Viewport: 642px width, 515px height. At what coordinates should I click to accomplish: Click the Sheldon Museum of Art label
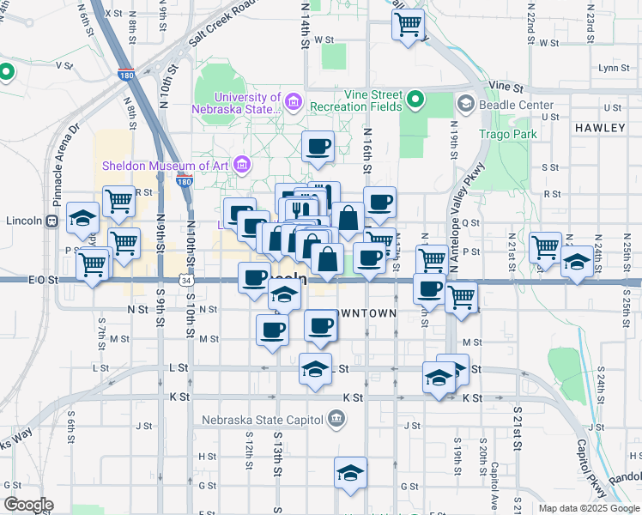click(166, 165)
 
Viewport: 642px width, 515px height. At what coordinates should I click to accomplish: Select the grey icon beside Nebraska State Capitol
click(337, 420)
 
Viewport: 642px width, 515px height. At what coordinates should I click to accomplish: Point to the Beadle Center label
click(517, 105)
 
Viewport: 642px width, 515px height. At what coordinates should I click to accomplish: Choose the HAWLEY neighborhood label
click(600, 127)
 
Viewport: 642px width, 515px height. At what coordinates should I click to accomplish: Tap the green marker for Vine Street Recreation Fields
click(415, 101)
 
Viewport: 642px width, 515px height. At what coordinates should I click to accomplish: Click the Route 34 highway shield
click(186, 280)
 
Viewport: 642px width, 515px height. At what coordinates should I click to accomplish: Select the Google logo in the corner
click(28, 505)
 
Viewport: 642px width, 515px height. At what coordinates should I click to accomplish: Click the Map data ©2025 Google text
click(589, 508)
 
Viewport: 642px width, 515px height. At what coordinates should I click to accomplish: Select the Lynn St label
click(615, 68)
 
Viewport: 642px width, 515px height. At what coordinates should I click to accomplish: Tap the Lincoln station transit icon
click(52, 221)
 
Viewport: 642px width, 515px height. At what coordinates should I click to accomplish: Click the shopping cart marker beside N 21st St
click(546, 248)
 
